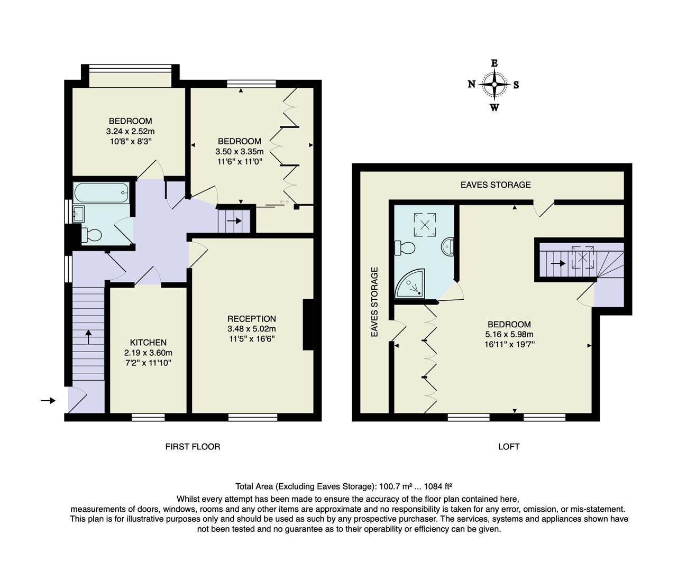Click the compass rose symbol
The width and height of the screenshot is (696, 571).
click(494, 85)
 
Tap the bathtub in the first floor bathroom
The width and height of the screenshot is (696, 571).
click(101, 193)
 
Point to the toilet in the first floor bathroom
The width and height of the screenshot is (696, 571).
click(92, 234)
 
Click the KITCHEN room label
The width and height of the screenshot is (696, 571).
click(148, 343)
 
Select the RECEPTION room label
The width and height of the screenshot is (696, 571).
click(251, 319)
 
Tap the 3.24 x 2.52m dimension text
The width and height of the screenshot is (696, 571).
click(130, 131)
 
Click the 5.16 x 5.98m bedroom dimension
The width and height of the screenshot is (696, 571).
click(509, 334)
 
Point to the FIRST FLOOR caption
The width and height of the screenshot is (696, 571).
click(193, 447)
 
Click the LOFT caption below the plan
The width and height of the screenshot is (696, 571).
click(508, 447)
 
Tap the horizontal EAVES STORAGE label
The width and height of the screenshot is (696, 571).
click(495, 185)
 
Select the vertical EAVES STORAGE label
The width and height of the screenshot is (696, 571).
click(374, 302)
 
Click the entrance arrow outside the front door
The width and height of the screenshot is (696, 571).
click(48, 401)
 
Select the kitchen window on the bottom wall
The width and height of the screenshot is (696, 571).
click(148, 418)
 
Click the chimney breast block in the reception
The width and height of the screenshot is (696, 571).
click(308, 325)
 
